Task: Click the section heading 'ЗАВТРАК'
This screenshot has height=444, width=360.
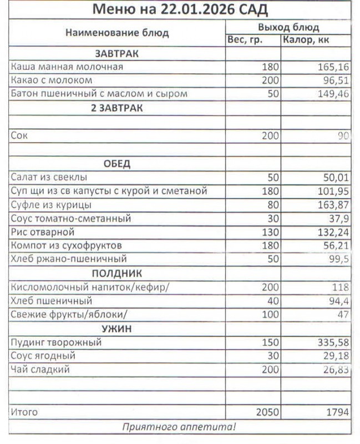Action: tap(116, 54)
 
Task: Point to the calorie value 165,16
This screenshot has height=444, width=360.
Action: tap(333, 67)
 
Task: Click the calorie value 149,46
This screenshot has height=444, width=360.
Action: tap(333, 94)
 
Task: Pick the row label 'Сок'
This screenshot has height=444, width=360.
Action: tap(19, 135)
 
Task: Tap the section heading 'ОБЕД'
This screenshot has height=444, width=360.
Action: tap(116, 164)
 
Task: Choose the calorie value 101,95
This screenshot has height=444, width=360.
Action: tap(333, 191)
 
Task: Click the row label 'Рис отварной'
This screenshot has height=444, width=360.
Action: tap(42, 232)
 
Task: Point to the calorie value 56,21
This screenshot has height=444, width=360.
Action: tap(335, 245)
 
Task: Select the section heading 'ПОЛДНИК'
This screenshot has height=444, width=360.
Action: tap(116, 273)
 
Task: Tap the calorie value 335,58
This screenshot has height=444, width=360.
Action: tap(333, 342)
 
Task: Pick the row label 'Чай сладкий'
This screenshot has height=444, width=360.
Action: tap(40, 369)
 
